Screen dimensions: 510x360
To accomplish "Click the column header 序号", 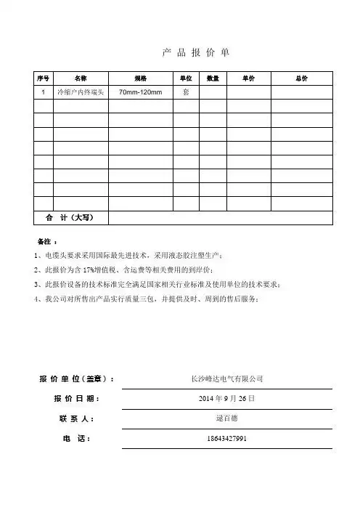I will [43, 78].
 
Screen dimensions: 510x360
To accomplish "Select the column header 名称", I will [81, 78].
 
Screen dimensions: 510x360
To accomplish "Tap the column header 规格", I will [141, 78].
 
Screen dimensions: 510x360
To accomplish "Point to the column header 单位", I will [187, 78].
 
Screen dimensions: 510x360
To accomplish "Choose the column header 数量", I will [213, 78].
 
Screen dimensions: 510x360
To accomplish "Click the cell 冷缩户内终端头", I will [81, 93].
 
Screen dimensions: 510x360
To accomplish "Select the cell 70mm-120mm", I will [140, 93].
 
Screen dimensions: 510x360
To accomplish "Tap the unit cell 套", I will [187, 93].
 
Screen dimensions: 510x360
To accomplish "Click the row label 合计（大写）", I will [71, 217].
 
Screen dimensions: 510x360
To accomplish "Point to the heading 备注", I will [45, 240].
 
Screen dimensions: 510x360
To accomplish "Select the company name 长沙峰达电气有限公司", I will [226, 379].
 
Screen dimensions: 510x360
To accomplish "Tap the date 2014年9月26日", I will [226, 399].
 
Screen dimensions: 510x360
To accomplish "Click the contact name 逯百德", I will [226, 418].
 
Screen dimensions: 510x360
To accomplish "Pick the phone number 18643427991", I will [226, 439].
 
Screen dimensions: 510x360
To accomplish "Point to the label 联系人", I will [76, 419].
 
